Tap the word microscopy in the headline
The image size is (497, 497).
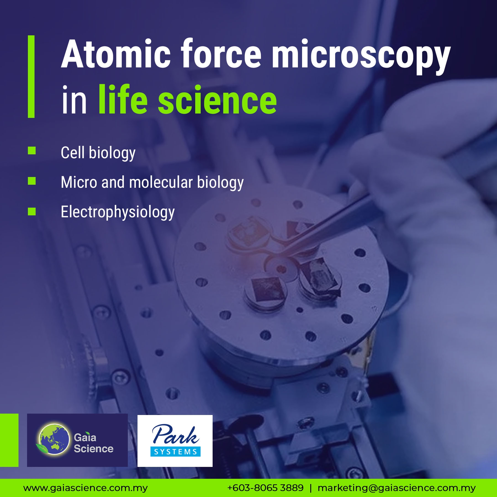[361, 57]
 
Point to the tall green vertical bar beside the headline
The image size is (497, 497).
[31, 76]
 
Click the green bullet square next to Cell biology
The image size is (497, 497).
[32, 150]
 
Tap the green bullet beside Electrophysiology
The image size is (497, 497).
[32, 212]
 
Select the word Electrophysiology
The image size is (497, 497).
[118, 212]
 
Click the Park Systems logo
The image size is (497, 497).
[175, 441]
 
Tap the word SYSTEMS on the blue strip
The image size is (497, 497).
[176, 452]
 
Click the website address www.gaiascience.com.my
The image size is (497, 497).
[86, 488]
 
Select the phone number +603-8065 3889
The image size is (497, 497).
[265, 488]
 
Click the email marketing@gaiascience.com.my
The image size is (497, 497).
[397, 488]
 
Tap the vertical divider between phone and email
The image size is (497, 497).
[311, 488]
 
